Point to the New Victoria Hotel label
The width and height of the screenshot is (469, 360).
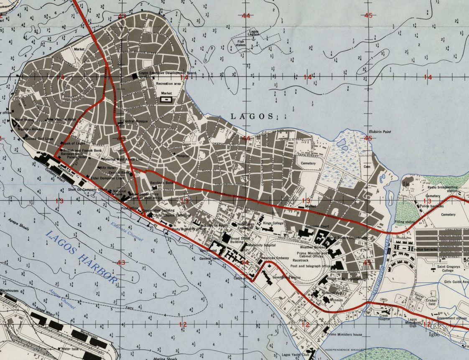pos(62,119)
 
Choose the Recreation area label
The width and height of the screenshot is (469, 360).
pos(168,84)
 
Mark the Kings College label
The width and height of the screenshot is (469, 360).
pos(273,223)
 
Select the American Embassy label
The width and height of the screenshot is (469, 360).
pos(275,259)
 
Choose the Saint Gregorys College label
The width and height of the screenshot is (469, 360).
pos(451,269)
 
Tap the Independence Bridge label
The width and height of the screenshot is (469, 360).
pos(339,349)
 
